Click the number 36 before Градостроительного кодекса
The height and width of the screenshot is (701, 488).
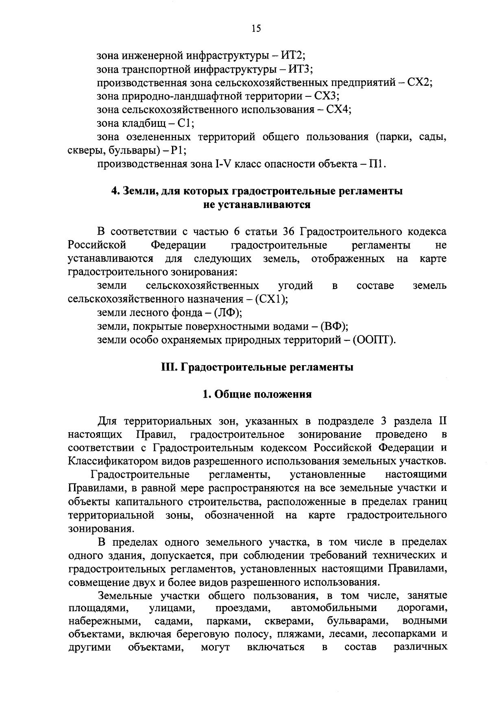point(289,232)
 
